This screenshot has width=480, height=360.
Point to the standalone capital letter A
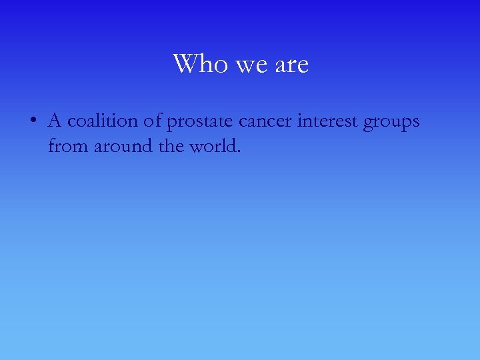tap(55, 121)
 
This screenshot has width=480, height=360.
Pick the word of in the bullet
tap(151, 121)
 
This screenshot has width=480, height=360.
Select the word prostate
tap(198, 122)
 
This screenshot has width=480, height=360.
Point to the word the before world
tap(172, 145)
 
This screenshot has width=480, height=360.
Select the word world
tap(214, 145)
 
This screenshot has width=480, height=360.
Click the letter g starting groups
tap(369, 124)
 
